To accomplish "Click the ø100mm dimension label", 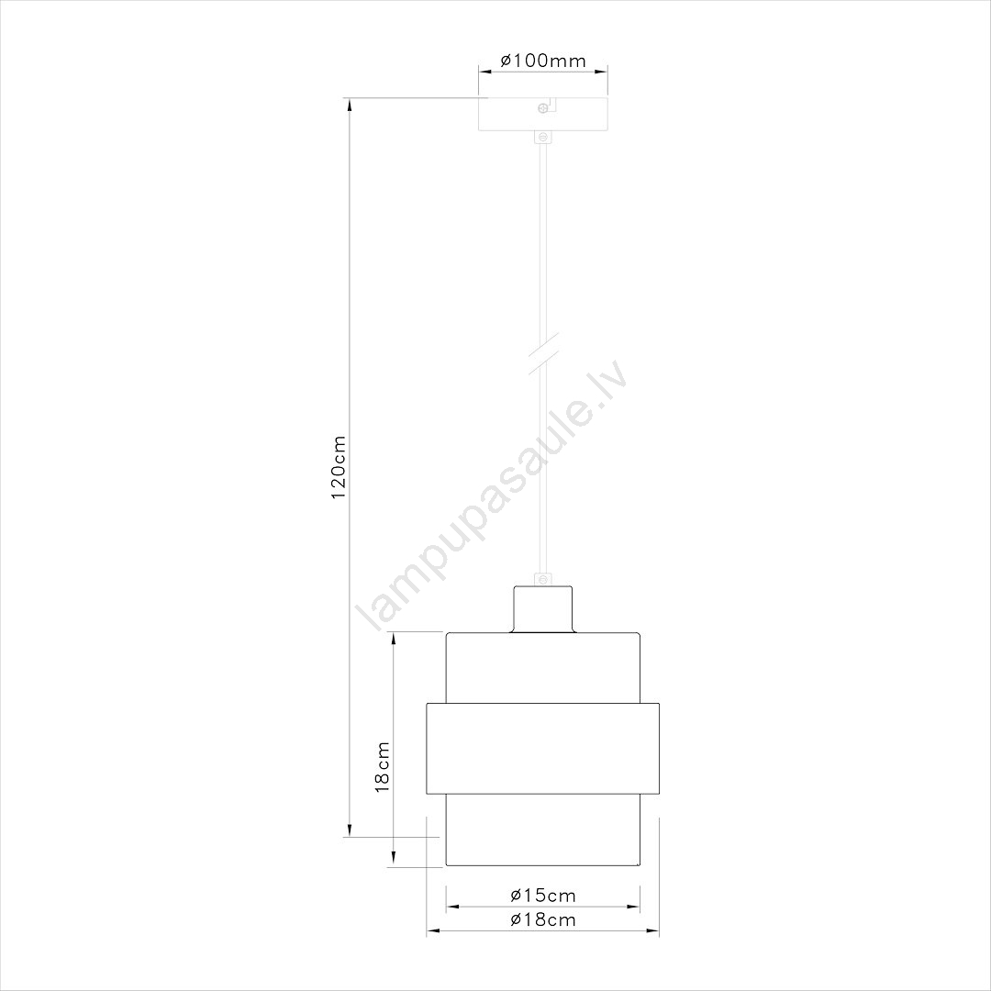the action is tap(543, 61).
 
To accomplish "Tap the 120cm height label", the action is tap(339, 466).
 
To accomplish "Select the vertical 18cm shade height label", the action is tap(383, 766).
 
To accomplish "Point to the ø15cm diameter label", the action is tap(543, 895).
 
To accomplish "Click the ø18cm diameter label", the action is tap(543, 919).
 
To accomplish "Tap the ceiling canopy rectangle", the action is tap(543, 115).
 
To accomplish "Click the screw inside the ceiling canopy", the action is tap(542, 108).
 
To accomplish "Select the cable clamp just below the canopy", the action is tap(542, 137).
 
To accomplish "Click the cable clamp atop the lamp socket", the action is tap(542, 580).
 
